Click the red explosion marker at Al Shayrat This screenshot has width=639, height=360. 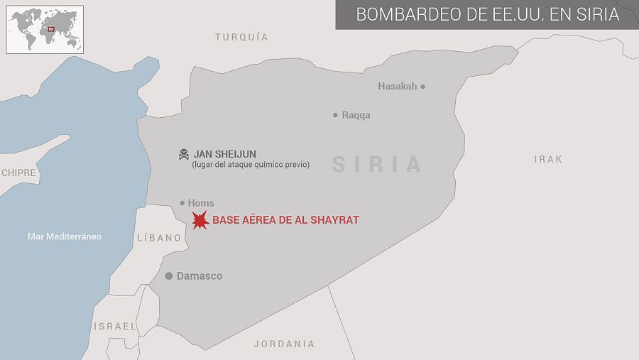200,220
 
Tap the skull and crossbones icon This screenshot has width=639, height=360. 184,154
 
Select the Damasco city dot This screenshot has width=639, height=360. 169,276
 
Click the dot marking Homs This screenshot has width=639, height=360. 182,203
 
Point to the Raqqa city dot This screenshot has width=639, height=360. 335,115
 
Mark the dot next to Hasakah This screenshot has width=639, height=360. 423,87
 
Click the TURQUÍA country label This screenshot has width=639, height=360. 241,37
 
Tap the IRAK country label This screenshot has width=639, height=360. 548,159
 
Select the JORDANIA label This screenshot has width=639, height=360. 284,344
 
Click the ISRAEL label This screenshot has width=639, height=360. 115,326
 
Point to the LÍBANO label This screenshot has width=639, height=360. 159,238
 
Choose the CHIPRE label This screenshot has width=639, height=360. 18,173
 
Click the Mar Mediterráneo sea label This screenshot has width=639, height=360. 64,236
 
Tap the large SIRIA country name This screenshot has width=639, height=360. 377,164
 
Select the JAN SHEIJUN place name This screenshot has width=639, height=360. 225,154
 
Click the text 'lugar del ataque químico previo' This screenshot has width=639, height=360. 251,165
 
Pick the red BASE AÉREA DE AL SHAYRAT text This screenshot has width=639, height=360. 285,220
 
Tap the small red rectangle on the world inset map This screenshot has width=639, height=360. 51,29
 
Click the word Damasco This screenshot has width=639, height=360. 200,276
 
